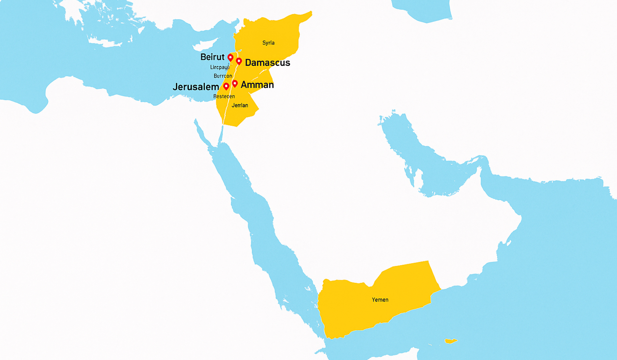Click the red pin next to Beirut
pos(230,57)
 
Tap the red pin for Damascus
pos(239,61)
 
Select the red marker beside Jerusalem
pos(226,86)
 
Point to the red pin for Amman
pos(235,84)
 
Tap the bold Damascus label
pos(267,63)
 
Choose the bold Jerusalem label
pos(196,87)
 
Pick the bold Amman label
pos(257,85)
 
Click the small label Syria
pos(268,43)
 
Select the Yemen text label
pos(380,300)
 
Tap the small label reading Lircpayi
pos(220,67)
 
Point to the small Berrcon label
pos(222,76)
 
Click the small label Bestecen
pos(224,96)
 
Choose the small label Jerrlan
pos(240,106)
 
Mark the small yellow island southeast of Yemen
pos(451,341)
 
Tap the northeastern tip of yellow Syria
pos(309,14)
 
